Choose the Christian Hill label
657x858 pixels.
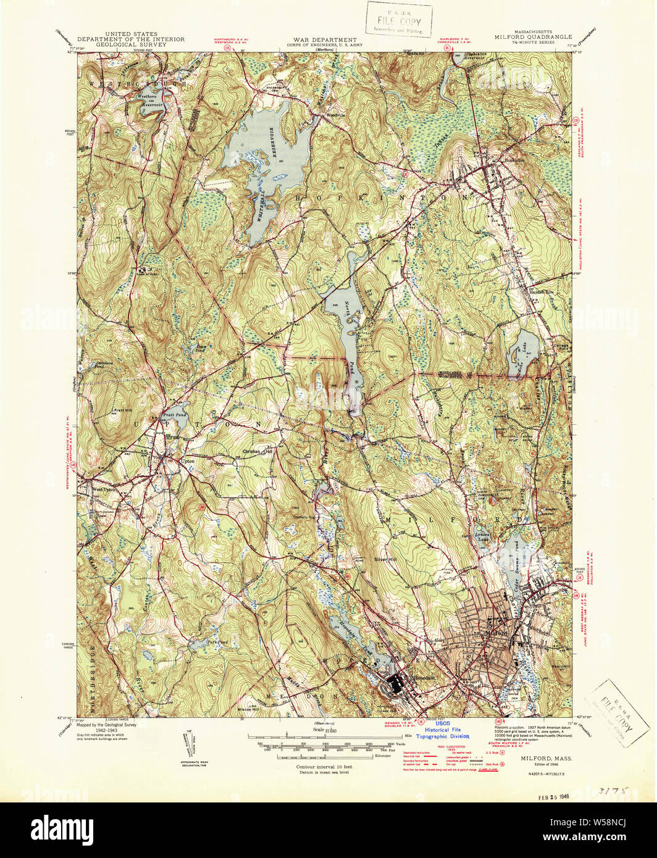click(x=257, y=452)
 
